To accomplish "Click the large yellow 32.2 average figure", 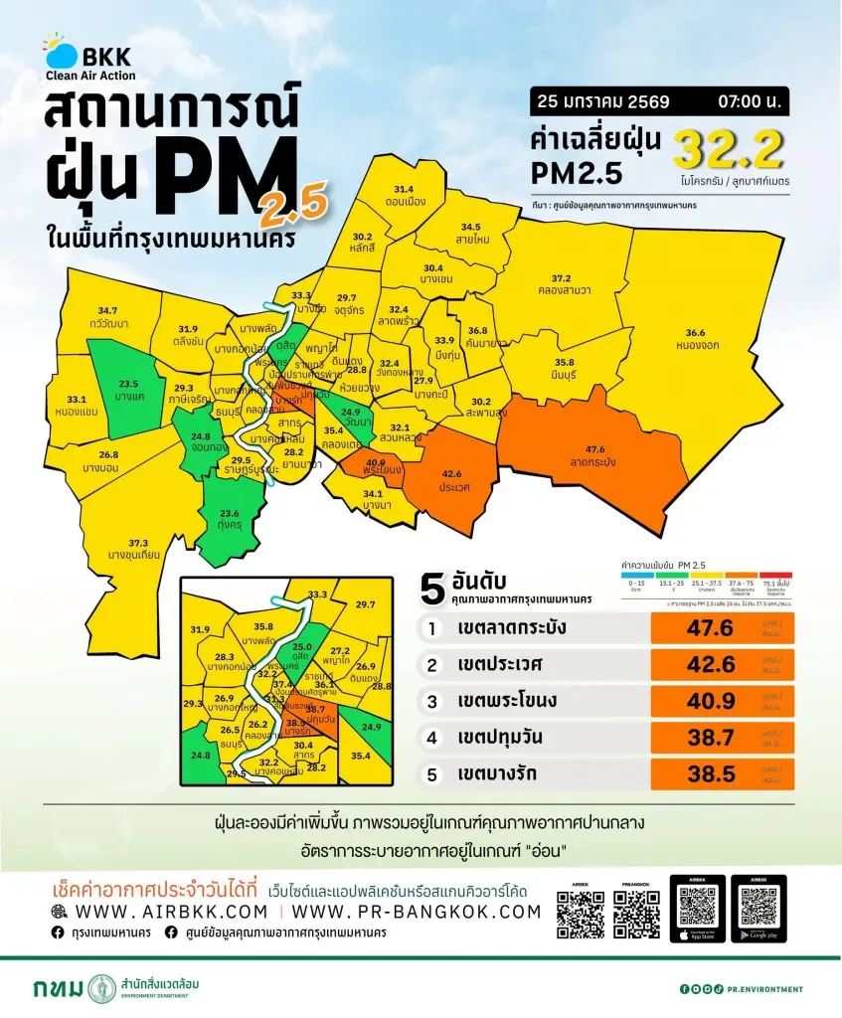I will (729, 150).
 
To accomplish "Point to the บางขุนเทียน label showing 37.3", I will (138, 548).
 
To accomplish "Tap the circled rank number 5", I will (432, 771).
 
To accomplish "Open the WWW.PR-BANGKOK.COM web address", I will (418, 912).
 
